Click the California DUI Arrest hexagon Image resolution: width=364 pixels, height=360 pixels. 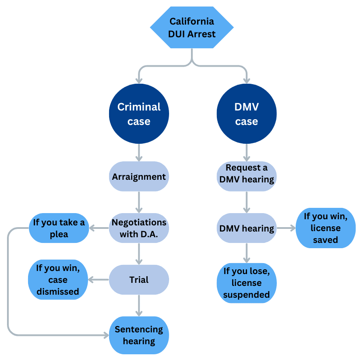[192, 27]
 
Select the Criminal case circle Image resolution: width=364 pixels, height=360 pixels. [139, 114]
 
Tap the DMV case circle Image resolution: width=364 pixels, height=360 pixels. [247, 114]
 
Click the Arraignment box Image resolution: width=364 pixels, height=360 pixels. [139, 177]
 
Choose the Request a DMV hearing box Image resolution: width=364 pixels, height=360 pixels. [247, 174]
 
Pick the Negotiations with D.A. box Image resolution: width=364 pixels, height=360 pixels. [139, 228]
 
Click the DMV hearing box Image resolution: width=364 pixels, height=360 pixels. [247, 228]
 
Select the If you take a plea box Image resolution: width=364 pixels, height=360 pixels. [59, 228]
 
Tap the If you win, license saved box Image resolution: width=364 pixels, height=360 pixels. [325, 228]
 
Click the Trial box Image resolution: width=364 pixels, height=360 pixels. [139, 280]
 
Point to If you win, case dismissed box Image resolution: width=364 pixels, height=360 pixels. [58, 280]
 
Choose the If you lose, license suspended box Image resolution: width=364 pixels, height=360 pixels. [247, 283]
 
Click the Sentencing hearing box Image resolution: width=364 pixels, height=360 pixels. [139, 335]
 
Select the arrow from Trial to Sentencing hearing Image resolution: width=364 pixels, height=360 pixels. [139, 306]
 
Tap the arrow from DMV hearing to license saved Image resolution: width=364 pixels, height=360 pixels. [286, 228]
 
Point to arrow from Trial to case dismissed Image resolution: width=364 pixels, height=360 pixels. [99, 280]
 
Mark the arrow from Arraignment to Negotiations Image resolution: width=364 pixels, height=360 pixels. [139, 202]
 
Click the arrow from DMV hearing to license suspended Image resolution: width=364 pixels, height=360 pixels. [247, 253]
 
